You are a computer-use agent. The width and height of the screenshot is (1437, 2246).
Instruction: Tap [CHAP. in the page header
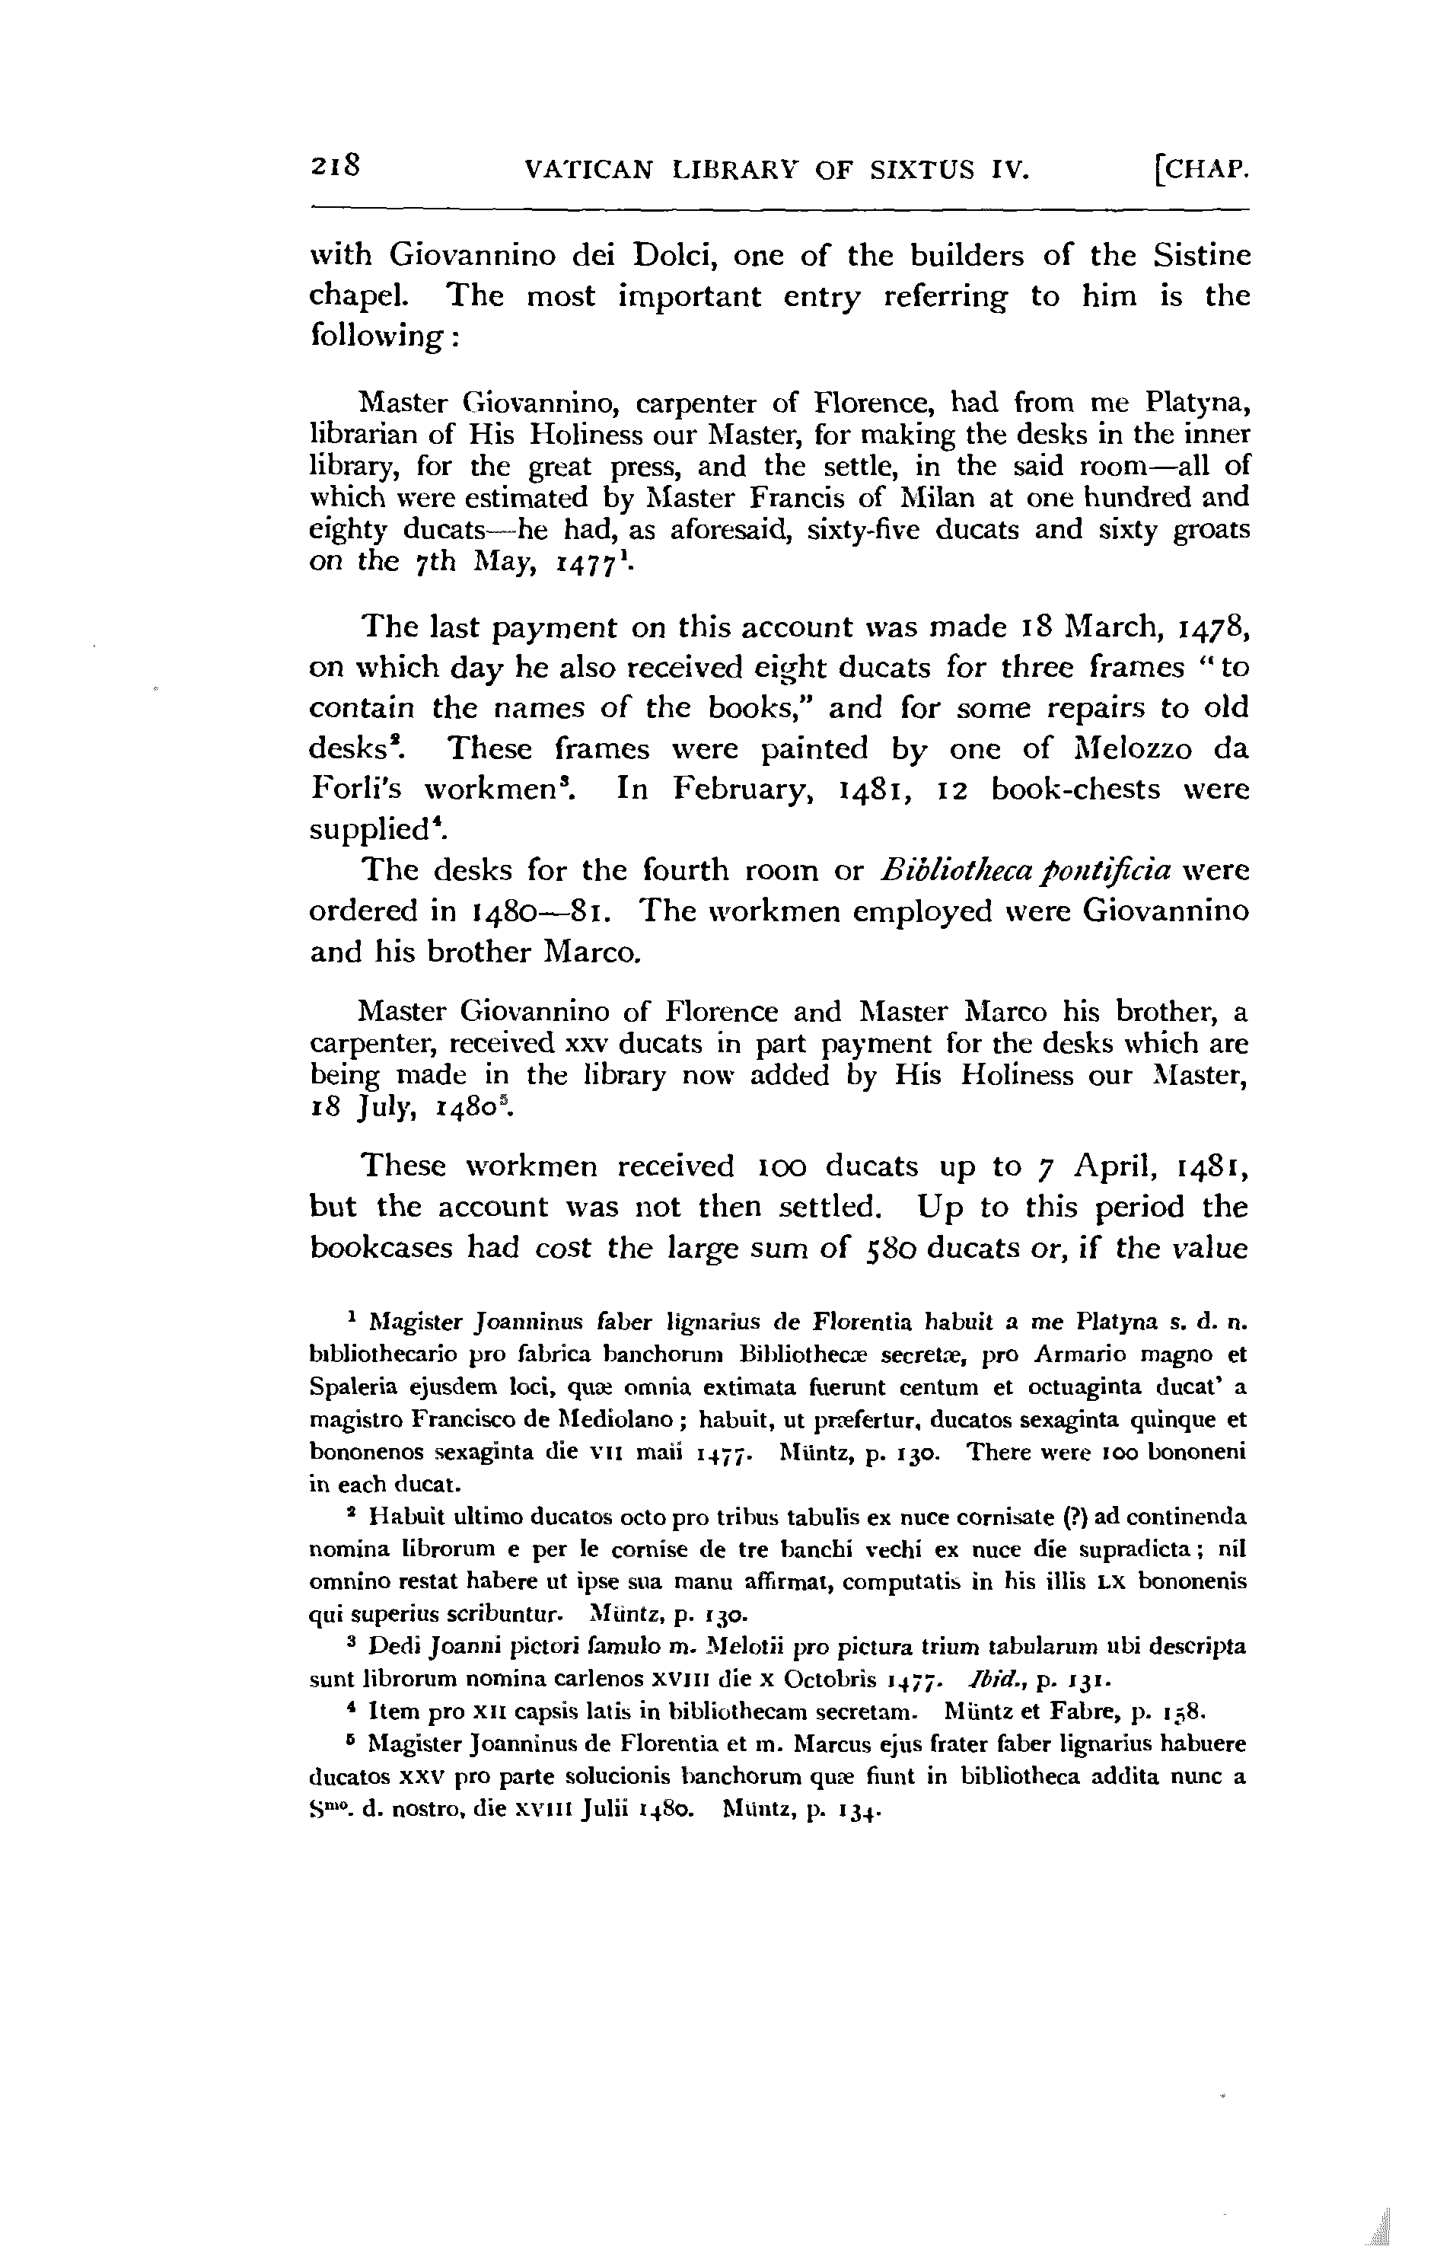click(x=1200, y=170)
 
